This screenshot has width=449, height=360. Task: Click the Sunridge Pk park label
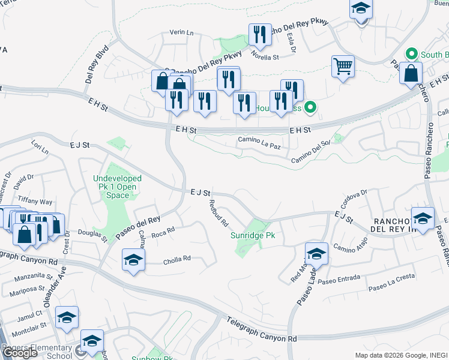point(253,236)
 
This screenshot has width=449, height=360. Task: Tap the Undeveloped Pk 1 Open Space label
point(117,187)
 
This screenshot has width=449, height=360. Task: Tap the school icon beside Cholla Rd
point(133,260)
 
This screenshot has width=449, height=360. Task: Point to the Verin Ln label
point(181,32)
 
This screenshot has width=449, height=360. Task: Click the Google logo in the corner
point(19,352)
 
